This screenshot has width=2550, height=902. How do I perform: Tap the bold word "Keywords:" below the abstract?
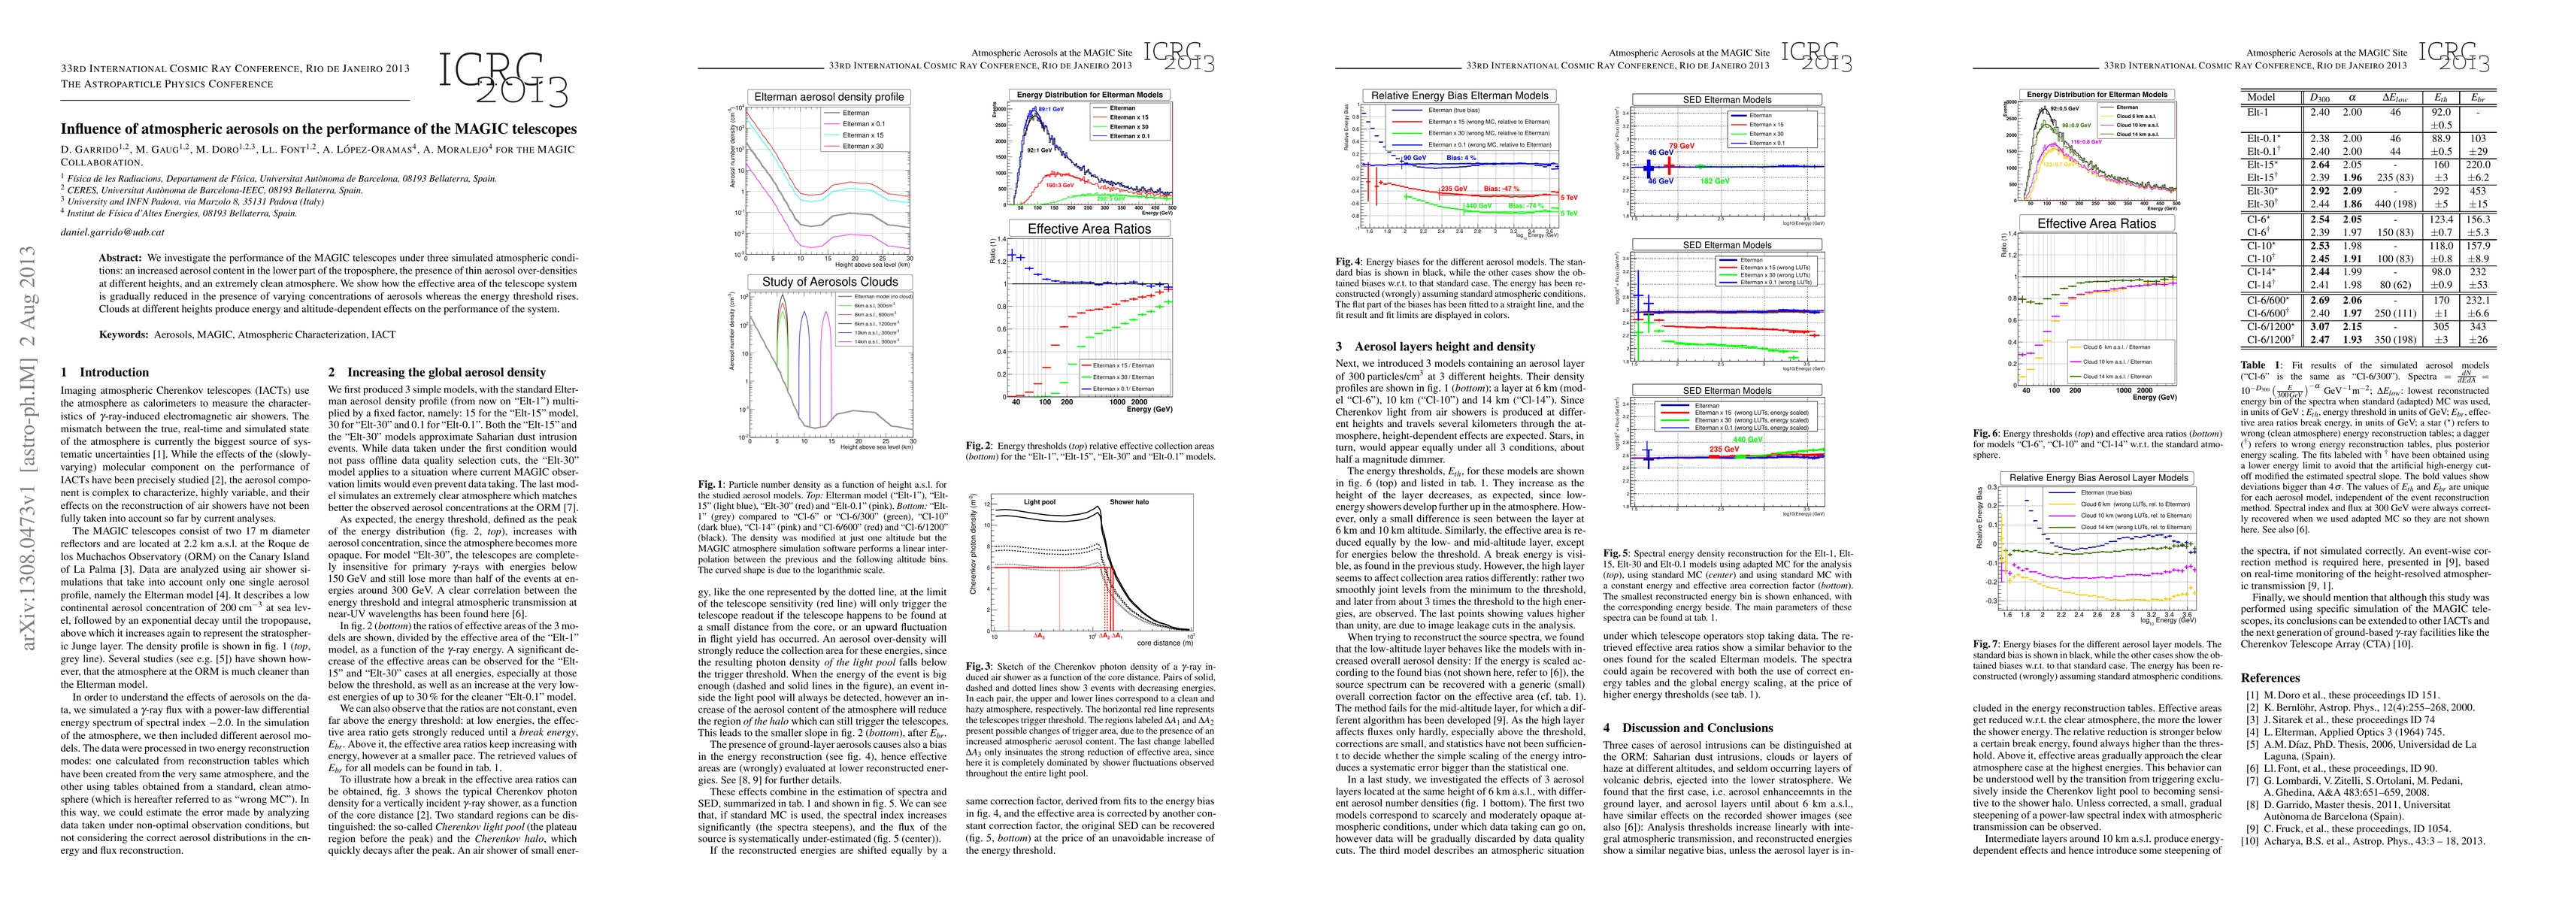(124, 334)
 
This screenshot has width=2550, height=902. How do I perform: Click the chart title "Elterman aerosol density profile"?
(829, 97)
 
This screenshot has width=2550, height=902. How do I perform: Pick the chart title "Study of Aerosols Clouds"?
(829, 282)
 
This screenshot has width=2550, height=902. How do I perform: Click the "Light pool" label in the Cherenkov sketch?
(1040, 502)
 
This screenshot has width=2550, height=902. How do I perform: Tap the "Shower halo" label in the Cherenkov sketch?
(1128, 502)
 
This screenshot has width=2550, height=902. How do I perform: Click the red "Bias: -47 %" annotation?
(1502, 187)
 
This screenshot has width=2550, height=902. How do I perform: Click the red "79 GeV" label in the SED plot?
(1681, 146)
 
